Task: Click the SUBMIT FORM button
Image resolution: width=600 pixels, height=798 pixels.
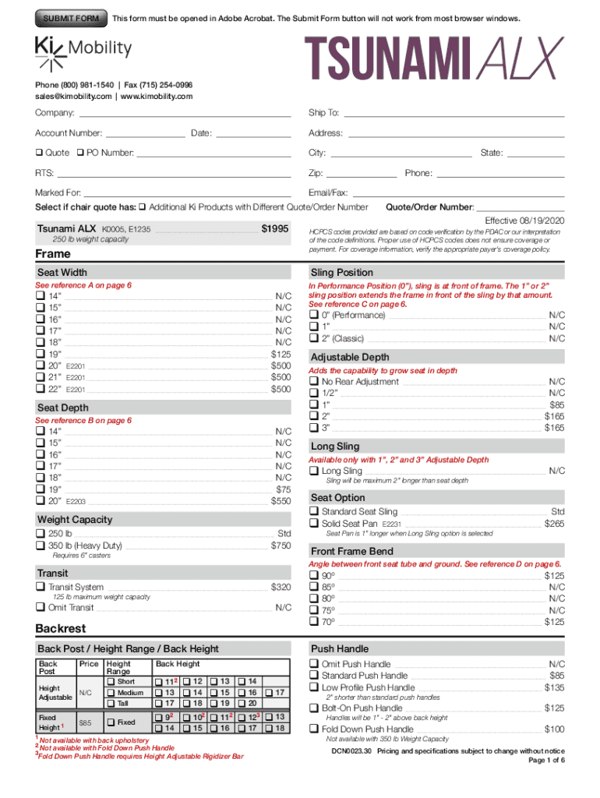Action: [70, 18]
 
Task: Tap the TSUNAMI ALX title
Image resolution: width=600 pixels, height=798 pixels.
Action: [433, 60]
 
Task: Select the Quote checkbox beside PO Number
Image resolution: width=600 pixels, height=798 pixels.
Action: [38, 153]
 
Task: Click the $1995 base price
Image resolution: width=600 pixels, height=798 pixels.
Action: [274, 229]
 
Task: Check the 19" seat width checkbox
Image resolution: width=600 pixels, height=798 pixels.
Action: [40, 354]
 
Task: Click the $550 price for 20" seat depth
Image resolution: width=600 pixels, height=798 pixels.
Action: [281, 501]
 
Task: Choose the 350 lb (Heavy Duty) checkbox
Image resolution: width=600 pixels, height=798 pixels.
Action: [40, 546]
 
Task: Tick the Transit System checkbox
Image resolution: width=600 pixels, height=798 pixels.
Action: [40, 587]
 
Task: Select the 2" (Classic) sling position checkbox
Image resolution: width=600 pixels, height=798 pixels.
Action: [313, 338]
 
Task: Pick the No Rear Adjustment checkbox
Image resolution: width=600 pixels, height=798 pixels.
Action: [313, 382]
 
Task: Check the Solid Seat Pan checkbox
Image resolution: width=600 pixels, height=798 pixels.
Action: [313, 524]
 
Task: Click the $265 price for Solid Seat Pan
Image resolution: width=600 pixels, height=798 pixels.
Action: [554, 524]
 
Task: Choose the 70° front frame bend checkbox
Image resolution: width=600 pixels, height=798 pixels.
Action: [313, 622]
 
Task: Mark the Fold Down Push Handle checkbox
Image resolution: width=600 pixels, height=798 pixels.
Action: [313, 729]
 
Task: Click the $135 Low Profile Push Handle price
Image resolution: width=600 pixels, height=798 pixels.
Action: [554, 688]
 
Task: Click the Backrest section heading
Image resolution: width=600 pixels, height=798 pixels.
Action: [61, 628]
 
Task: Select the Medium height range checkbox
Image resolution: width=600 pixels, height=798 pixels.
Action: [111, 693]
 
